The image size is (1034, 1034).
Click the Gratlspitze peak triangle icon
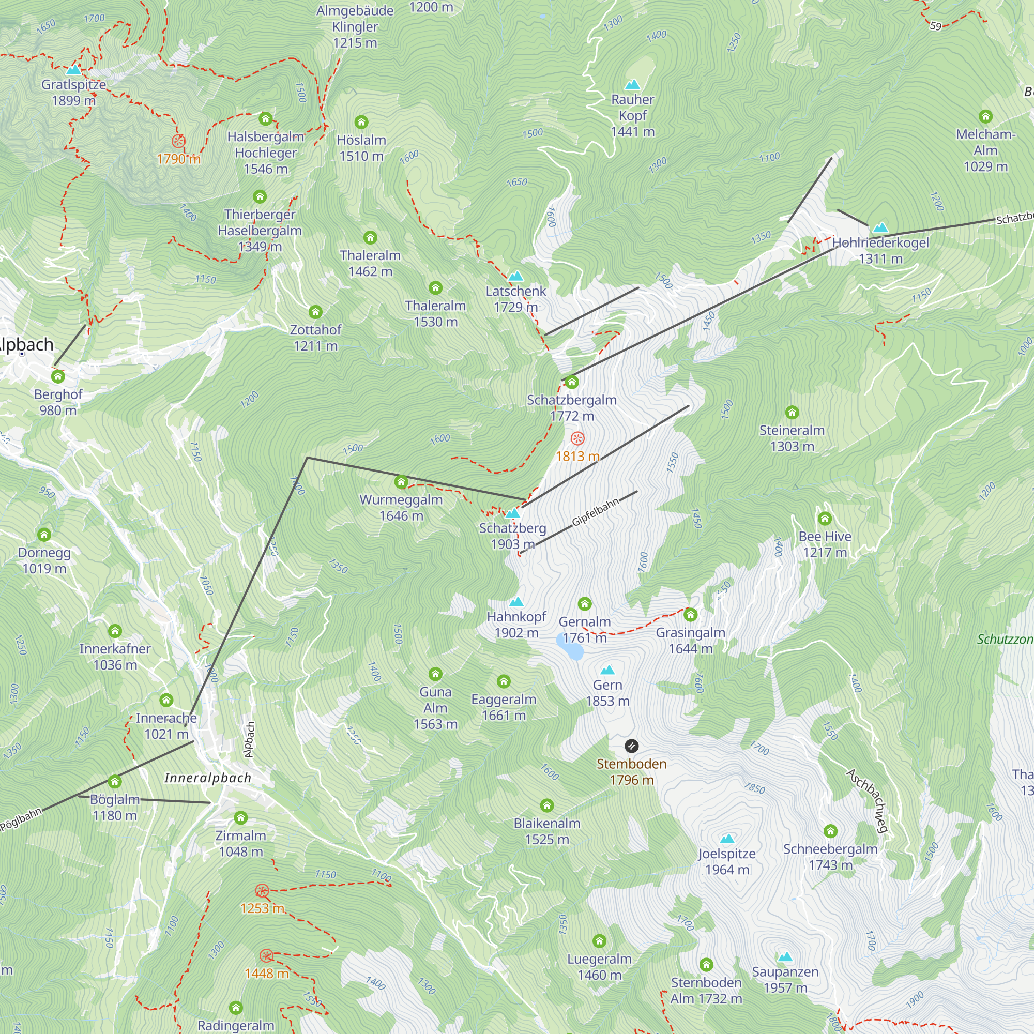[73, 70]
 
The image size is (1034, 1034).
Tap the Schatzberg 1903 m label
[512, 536]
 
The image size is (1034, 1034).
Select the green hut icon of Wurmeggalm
[401, 482]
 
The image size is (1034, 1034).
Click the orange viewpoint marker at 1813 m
[577, 439]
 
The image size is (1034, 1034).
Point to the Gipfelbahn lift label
[595, 511]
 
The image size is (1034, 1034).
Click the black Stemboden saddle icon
[632, 746]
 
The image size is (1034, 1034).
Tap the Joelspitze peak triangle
[727, 838]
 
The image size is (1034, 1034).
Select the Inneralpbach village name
[208, 778]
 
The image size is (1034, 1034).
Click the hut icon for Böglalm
[115, 782]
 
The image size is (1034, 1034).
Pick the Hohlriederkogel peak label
[880, 250]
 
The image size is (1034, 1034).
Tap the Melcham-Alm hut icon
[985, 117]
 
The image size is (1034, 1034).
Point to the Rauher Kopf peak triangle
[633, 85]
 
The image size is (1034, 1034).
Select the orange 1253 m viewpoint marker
[262, 891]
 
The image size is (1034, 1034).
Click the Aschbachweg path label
[868, 801]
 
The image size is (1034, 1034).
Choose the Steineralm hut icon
[792, 412]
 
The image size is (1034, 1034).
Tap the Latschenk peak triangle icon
[515, 277]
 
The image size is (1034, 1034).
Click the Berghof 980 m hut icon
[58, 377]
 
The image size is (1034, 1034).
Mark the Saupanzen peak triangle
[785, 956]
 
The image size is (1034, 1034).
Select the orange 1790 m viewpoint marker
[178, 141]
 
